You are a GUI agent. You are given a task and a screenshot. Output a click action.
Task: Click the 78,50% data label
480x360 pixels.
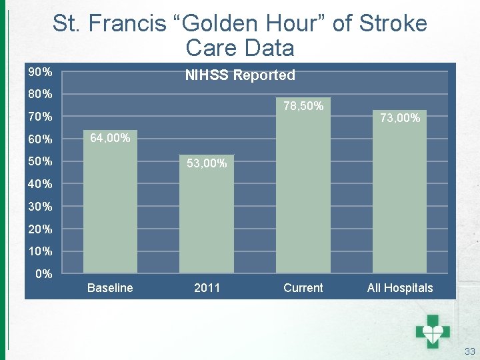(x=303, y=106)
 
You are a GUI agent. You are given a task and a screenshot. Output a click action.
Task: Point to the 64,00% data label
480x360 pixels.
(x=110, y=138)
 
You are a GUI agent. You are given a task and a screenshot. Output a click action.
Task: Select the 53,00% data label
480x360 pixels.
(x=207, y=163)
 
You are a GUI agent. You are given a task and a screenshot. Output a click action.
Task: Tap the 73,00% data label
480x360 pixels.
(x=400, y=118)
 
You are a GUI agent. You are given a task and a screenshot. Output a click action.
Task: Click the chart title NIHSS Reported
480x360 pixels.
(x=240, y=75)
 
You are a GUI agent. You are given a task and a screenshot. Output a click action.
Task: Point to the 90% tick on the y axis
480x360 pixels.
(x=40, y=71)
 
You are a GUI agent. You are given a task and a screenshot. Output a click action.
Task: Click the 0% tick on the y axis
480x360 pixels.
(x=44, y=273)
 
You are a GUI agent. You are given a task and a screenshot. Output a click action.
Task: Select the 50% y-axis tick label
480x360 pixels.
(x=40, y=161)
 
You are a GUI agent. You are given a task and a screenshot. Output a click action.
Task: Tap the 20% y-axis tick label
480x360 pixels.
(x=40, y=229)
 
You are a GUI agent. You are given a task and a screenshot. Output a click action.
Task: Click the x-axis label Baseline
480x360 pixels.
(x=110, y=288)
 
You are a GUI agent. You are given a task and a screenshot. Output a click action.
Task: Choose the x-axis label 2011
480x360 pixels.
(x=207, y=288)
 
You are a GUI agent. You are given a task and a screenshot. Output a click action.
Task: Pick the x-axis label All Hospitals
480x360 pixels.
(x=400, y=288)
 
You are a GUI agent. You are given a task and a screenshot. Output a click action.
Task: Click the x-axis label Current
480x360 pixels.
(x=303, y=288)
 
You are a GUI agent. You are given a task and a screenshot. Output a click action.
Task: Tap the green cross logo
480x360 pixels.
(x=433, y=329)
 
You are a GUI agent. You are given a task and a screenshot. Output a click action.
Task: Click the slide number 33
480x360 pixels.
(x=469, y=351)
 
